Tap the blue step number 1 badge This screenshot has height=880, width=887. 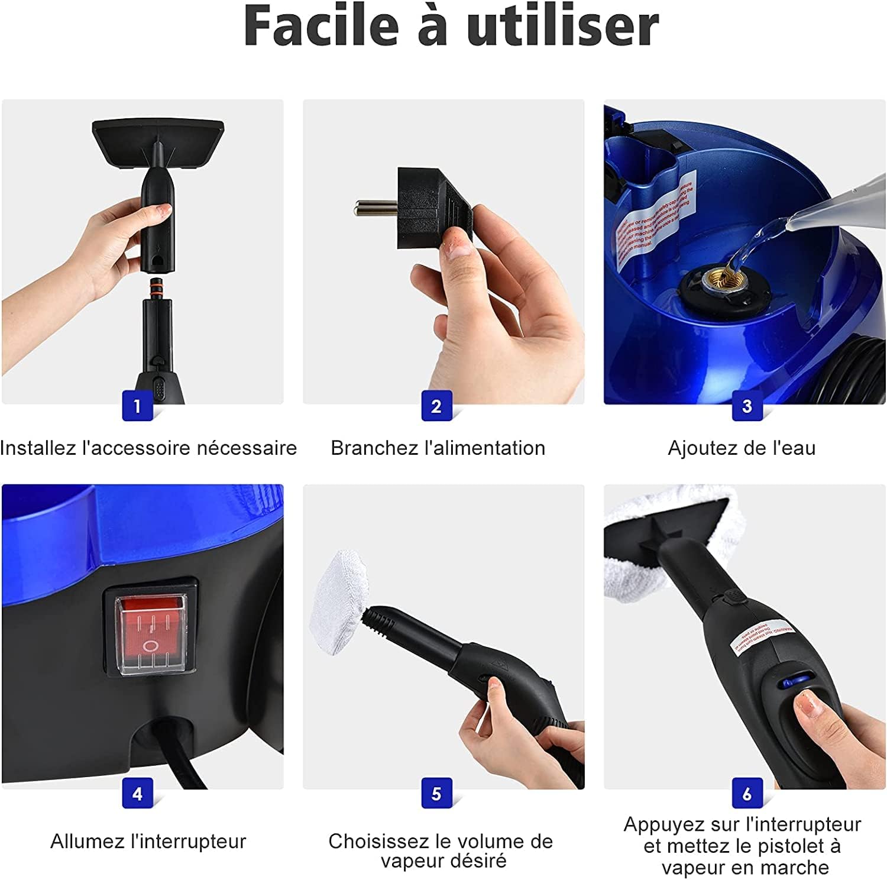tap(137, 406)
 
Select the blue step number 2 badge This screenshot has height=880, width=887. tap(436, 406)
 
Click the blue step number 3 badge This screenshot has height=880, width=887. tap(747, 406)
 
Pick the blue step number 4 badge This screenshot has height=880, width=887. tap(137, 794)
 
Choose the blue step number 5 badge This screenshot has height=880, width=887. tap(436, 794)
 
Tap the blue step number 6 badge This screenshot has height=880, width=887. tap(747, 794)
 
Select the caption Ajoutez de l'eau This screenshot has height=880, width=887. tap(742, 448)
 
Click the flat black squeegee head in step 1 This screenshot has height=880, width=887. tap(158, 142)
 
